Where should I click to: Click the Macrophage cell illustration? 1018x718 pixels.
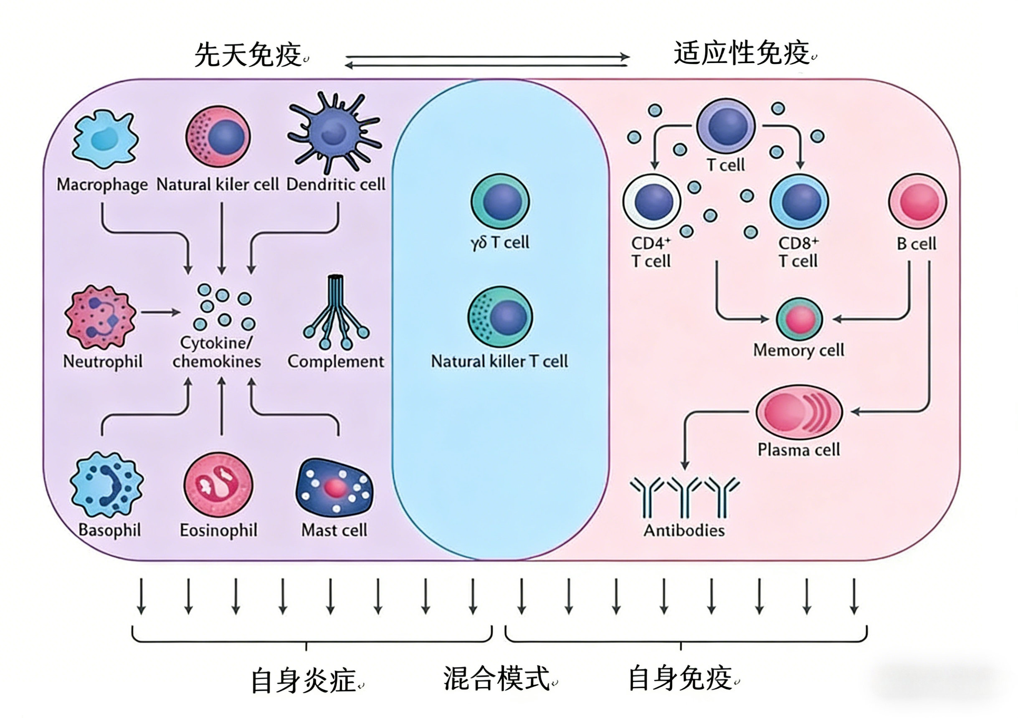point(105,139)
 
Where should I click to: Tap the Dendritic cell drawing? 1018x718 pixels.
point(334,132)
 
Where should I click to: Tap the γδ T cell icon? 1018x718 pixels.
point(500,202)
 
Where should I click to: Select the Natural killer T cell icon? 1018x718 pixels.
point(500,317)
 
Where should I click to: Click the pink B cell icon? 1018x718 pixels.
point(917,202)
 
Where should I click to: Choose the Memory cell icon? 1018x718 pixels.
point(800,319)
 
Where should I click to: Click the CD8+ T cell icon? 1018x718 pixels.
point(800,202)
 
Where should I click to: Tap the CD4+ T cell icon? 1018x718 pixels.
point(652,202)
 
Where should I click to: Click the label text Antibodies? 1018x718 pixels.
point(684,530)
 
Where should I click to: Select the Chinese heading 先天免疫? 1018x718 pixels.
point(248,56)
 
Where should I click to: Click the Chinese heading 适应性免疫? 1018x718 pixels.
point(741,53)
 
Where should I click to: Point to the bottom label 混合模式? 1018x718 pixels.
point(496,679)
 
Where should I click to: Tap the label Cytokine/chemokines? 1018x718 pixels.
point(217,352)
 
